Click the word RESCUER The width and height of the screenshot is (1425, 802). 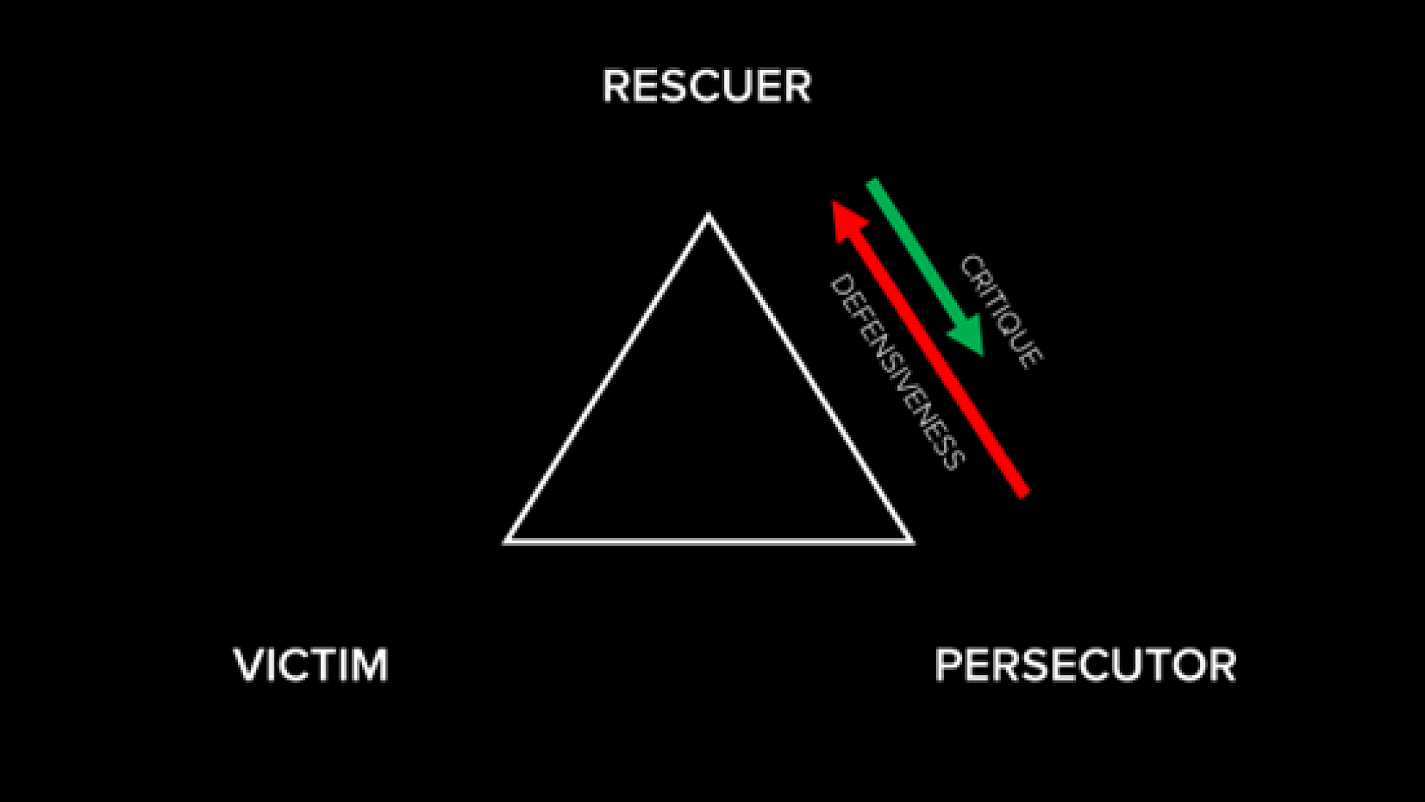(707, 86)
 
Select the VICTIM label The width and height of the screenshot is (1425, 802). (311, 665)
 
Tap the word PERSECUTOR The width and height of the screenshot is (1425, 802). (1085, 665)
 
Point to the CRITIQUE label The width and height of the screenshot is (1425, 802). (1001, 311)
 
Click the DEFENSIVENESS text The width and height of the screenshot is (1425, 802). (898, 371)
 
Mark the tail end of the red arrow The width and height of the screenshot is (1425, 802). (1023, 493)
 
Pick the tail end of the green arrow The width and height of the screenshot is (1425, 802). (872, 184)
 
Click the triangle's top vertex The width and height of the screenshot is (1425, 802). (708, 215)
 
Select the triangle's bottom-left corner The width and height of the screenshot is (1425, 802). (505, 543)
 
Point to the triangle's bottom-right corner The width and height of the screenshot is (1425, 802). (912, 543)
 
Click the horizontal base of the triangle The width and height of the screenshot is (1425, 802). (708, 541)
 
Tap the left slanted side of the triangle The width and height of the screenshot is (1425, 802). (606, 378)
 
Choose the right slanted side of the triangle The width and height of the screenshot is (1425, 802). (810, 378)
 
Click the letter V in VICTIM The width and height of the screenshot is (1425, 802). (249, 665)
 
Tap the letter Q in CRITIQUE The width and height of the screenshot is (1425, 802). (1014, 327)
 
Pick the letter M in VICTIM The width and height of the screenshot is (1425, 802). (368, 665)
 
